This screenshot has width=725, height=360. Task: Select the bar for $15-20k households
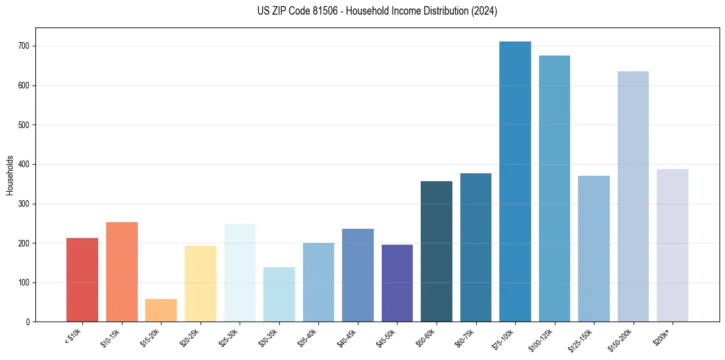pyautogui.click(x=161, y=311)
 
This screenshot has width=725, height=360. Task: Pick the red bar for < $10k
pyautogui.click(x=82, y=280)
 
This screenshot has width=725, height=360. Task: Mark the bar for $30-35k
pyautogui.click(x=279, y=295)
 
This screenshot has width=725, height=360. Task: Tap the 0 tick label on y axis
pyautogui.click(x=28, y=322)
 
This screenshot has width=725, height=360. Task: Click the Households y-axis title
pyautogui.click(x=10, y=175)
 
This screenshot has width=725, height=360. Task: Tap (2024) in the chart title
pyautogui.click(x=485, y=11)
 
